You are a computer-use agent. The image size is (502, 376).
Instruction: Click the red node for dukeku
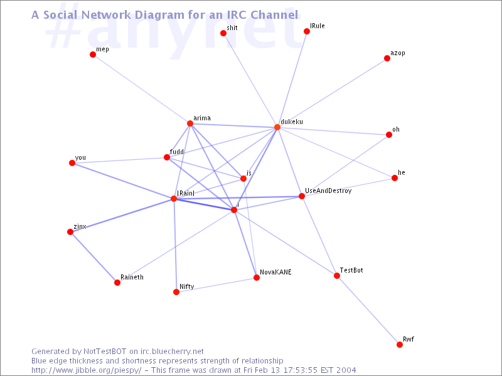pyautogui.click(x=277, y=127)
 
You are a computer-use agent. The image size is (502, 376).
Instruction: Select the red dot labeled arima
pyautogui.click(x=190, y=123)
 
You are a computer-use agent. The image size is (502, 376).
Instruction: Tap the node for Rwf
pyautogui.click(x=400, y=344)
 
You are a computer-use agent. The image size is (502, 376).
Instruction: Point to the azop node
pyautogui.click(x=387, y=58)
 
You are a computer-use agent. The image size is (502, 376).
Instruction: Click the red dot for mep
pyautogui.click(x=93, y=55)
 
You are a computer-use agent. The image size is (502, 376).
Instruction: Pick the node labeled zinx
pyautogui.click(x=70, y=232)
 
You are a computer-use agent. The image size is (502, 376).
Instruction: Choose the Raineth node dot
pyautogui.click(x=117, y=283)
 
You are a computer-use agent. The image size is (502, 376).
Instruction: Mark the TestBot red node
pyautogui.click(x=337, y=276)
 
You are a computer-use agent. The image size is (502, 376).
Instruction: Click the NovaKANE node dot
pyautogui.click(x=257, y=277)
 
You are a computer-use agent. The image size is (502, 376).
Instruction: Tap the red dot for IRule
pyautogui.click(x=307, y=31)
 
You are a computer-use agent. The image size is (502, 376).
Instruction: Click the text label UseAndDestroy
pyautogui.click(x=328, y=191)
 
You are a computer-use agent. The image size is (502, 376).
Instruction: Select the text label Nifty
pyautogui.click(x=186, y=286)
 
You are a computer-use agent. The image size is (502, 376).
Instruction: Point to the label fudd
pyautogui.click(x=177, y=152)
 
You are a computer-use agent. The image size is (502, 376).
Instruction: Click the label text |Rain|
pyautogui.click(x=186, y=193)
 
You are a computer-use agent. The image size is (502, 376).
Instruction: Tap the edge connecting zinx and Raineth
pyautogui.click(x=93, y=258)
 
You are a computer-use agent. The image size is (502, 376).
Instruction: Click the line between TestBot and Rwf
pyautogui.click(x=368, y=310)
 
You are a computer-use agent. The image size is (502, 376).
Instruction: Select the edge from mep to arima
pyautogui.click(x=142, y=89)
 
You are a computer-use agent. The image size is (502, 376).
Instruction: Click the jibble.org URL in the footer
pyautogui.click(x=86, y=370)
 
